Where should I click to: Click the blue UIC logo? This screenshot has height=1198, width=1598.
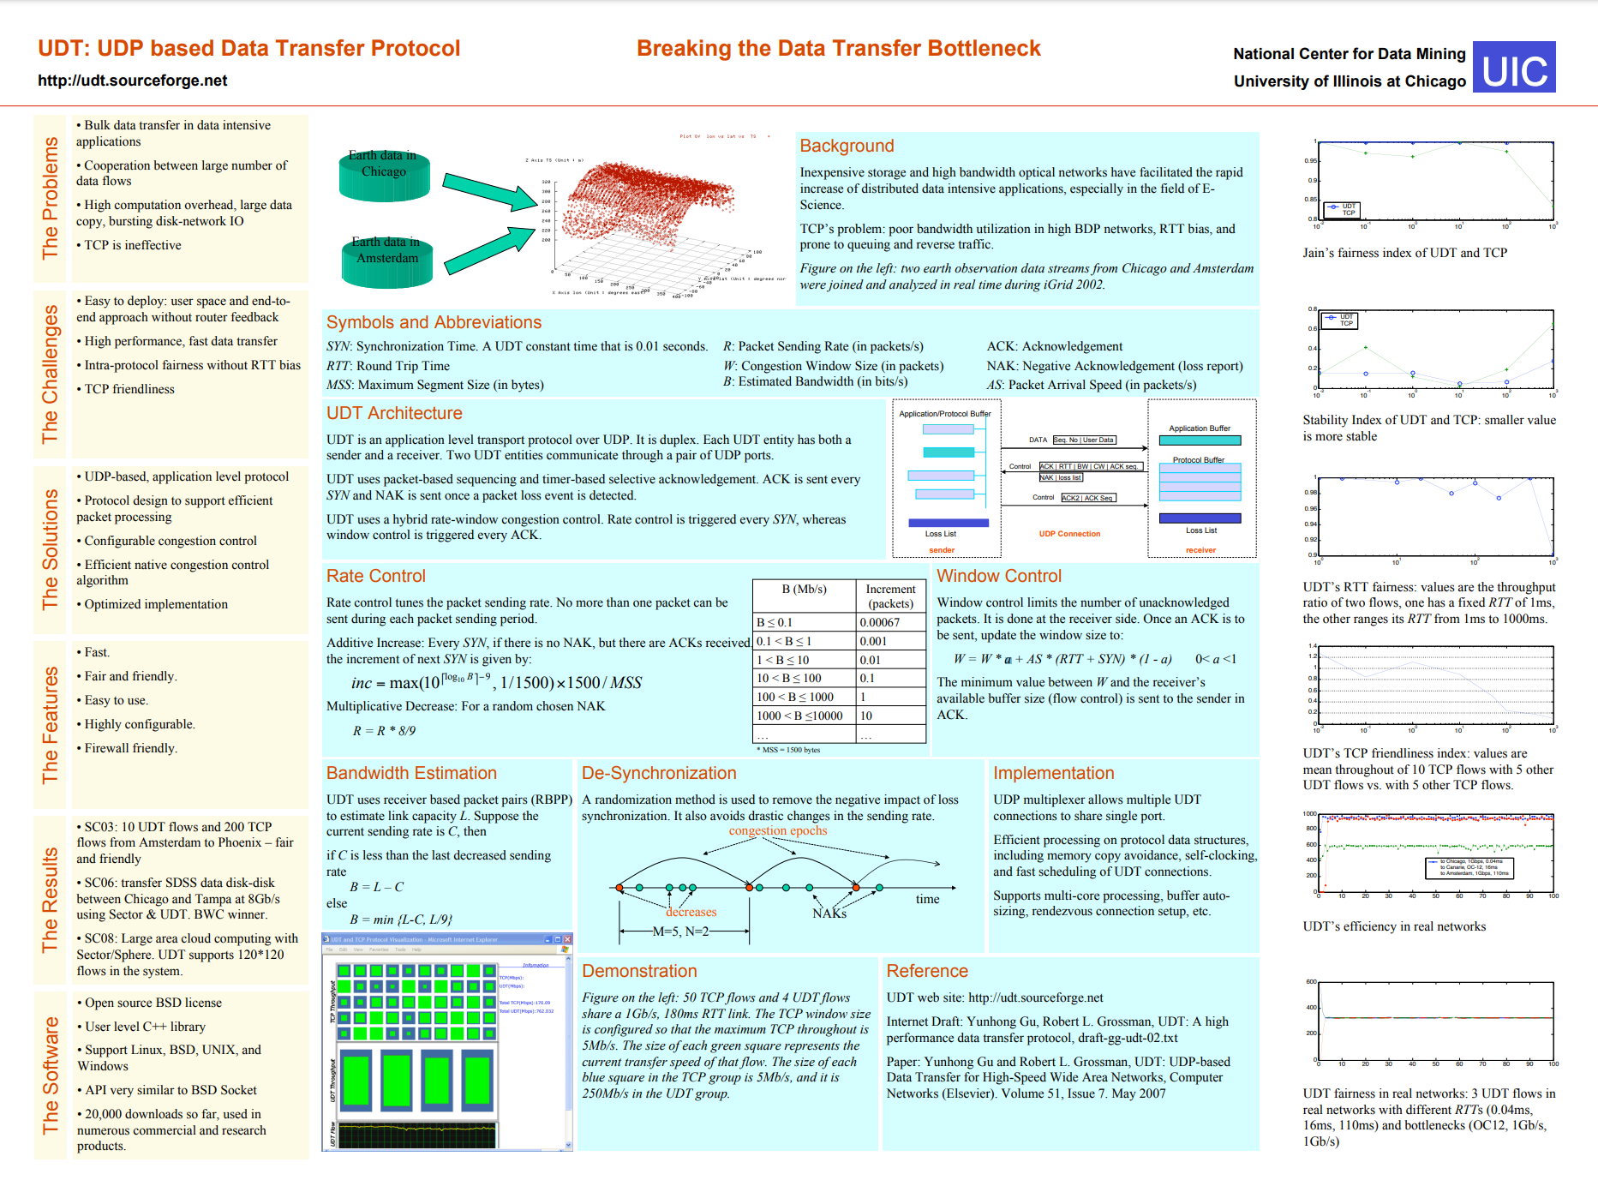coord(1514,68)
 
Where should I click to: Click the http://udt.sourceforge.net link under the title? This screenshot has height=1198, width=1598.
coord(133,81)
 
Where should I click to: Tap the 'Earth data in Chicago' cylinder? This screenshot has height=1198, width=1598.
coord(383,175)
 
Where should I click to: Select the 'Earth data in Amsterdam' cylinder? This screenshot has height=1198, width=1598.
coord(386,261)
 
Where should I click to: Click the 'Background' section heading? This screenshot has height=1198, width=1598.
coord(847,146)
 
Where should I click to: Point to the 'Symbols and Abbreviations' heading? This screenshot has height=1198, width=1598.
coord(434,322)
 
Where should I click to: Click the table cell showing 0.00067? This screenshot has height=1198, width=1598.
coord(879,622)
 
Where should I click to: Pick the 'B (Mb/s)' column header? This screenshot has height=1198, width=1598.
coord(804,590)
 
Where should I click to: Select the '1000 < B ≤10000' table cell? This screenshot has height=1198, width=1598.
coord(799,716)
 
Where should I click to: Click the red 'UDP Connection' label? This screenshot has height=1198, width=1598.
coord(1069,534)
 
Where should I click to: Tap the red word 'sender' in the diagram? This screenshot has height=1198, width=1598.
coord(941,550)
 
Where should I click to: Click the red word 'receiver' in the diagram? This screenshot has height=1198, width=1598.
coord(1200,550)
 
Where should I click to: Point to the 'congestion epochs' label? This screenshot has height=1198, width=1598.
coord(778,830)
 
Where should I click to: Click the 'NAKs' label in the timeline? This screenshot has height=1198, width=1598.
coord(829,913)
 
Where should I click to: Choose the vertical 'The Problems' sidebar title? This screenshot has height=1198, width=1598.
coord(51,198)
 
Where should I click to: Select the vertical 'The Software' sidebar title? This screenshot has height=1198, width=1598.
coord(51,1075)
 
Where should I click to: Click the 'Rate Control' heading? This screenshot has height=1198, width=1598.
coord(375,576)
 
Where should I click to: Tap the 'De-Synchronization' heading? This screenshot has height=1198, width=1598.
coord(659,773)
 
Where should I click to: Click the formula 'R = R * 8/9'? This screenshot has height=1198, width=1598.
coord(384,731)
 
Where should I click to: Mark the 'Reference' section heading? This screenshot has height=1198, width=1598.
coord(927,971)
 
